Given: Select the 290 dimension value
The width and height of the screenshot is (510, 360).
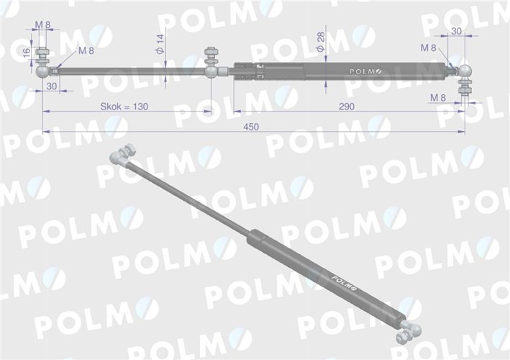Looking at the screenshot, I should tap(345, 107).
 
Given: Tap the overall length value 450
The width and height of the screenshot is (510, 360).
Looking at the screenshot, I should tap(251, 126).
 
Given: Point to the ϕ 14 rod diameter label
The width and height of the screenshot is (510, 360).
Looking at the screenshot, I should tap(160, 44).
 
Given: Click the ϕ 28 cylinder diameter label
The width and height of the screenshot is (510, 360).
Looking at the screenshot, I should tap(321, 40).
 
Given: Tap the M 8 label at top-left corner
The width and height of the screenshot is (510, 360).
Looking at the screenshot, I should tap(43, 26).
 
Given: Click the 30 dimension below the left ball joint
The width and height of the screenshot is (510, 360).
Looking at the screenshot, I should tap(51, 86).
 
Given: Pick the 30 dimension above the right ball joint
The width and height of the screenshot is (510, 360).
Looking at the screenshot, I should tap(456, 31).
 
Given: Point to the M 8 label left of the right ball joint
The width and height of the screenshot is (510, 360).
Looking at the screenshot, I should tap(429, 48).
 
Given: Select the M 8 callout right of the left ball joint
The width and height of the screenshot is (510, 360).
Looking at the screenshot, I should tap(86, 50).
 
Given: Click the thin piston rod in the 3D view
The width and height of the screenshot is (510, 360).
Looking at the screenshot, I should tap(187, 197).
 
